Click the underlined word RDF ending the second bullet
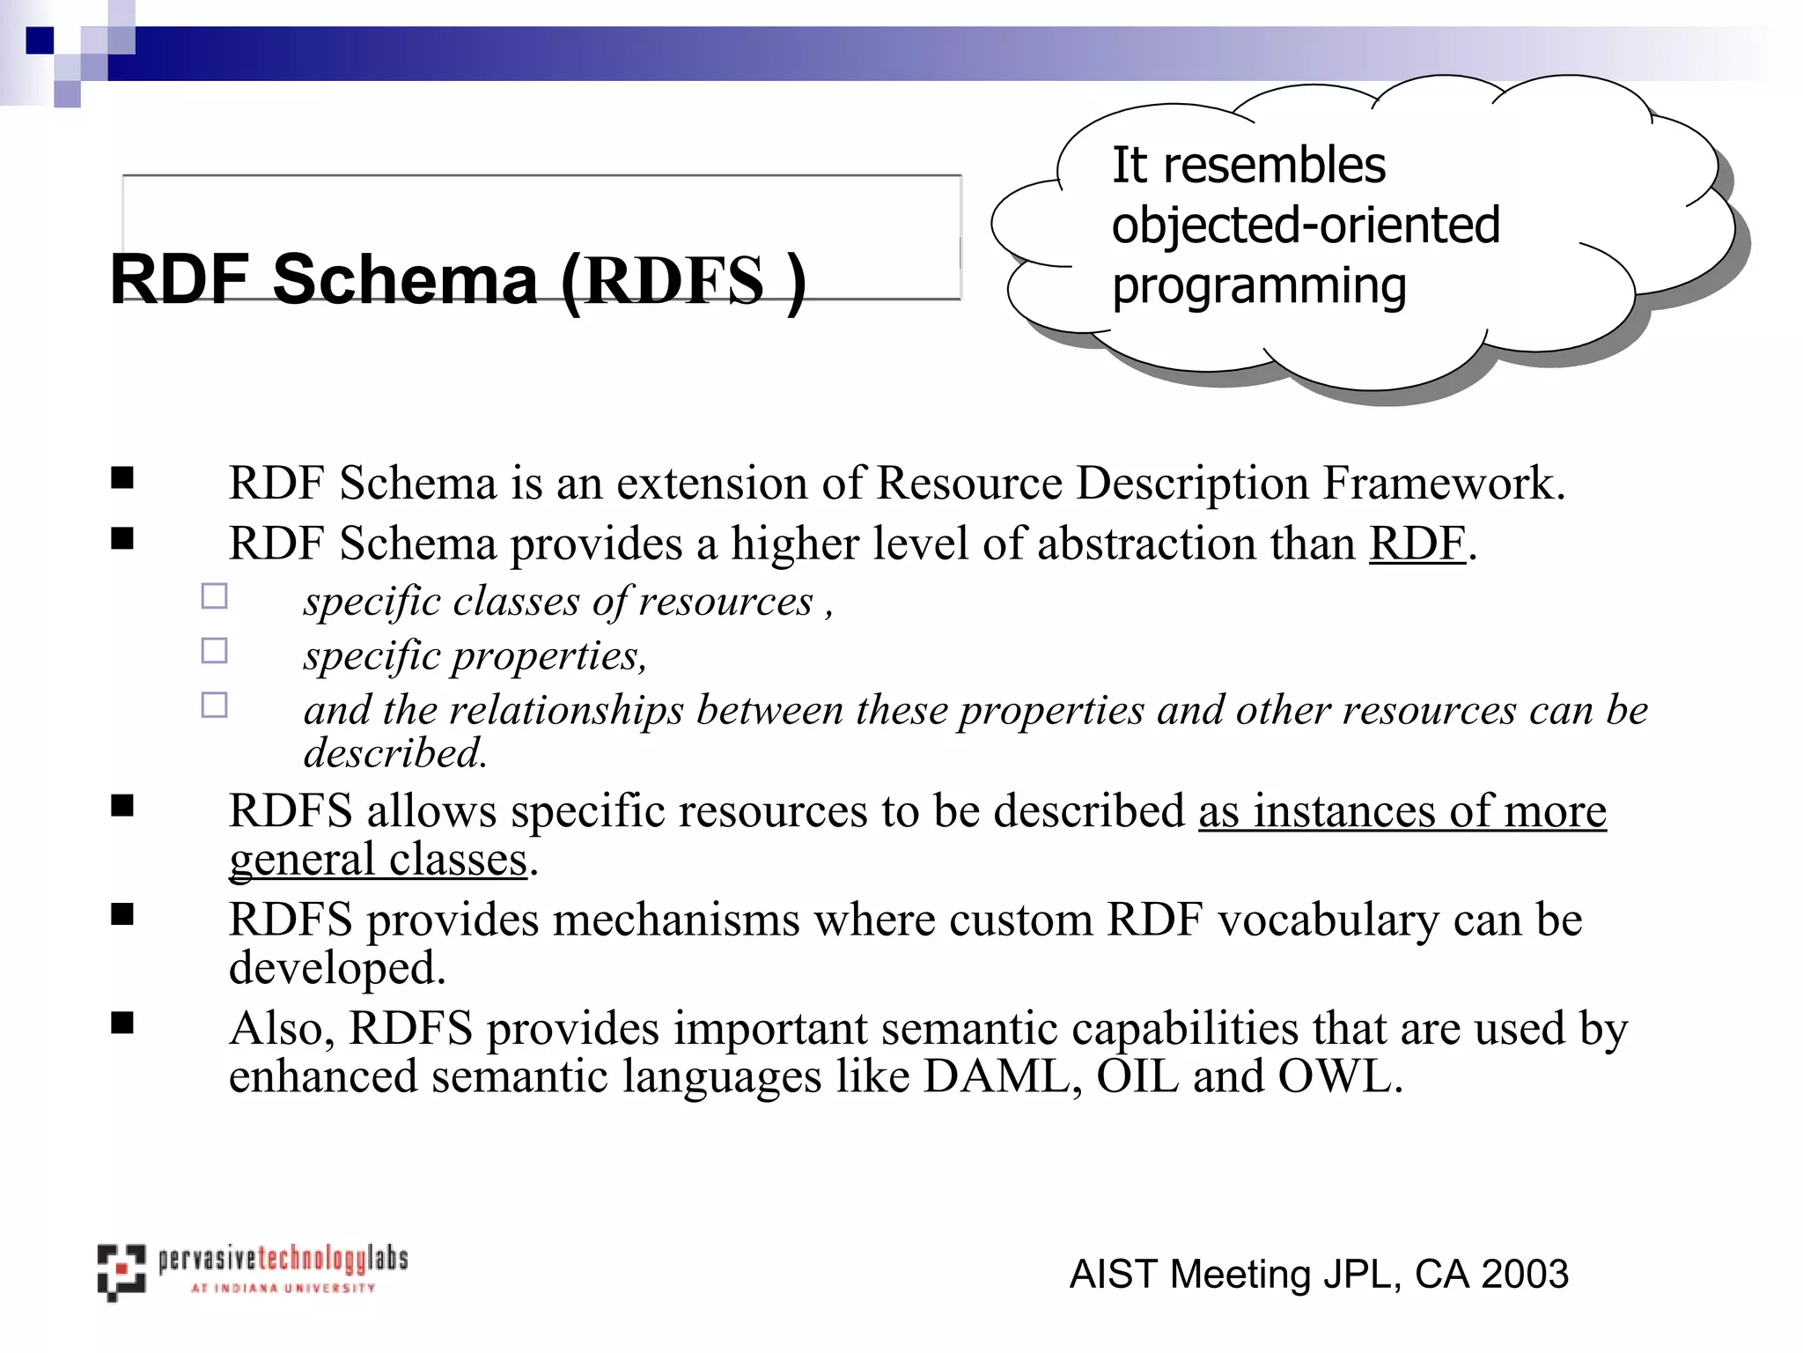tap(1417, 543)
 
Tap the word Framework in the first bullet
tap(1444, 484)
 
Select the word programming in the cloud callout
tap(1259, 287)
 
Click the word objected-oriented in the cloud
tap(1306, 225)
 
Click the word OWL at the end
tap(1339, 1076)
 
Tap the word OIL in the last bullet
tap(1137, 1076)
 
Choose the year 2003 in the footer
tap(1524, 1274)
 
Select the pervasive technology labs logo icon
tap(121, 1272)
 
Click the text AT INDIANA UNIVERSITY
tap(283, 1289)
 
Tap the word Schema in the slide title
tap(405, 280)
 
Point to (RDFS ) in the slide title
tap(683, 280)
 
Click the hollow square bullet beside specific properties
tap(214, 651)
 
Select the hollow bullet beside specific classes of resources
tap(214, 596)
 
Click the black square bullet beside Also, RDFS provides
tap(122, 1023)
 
